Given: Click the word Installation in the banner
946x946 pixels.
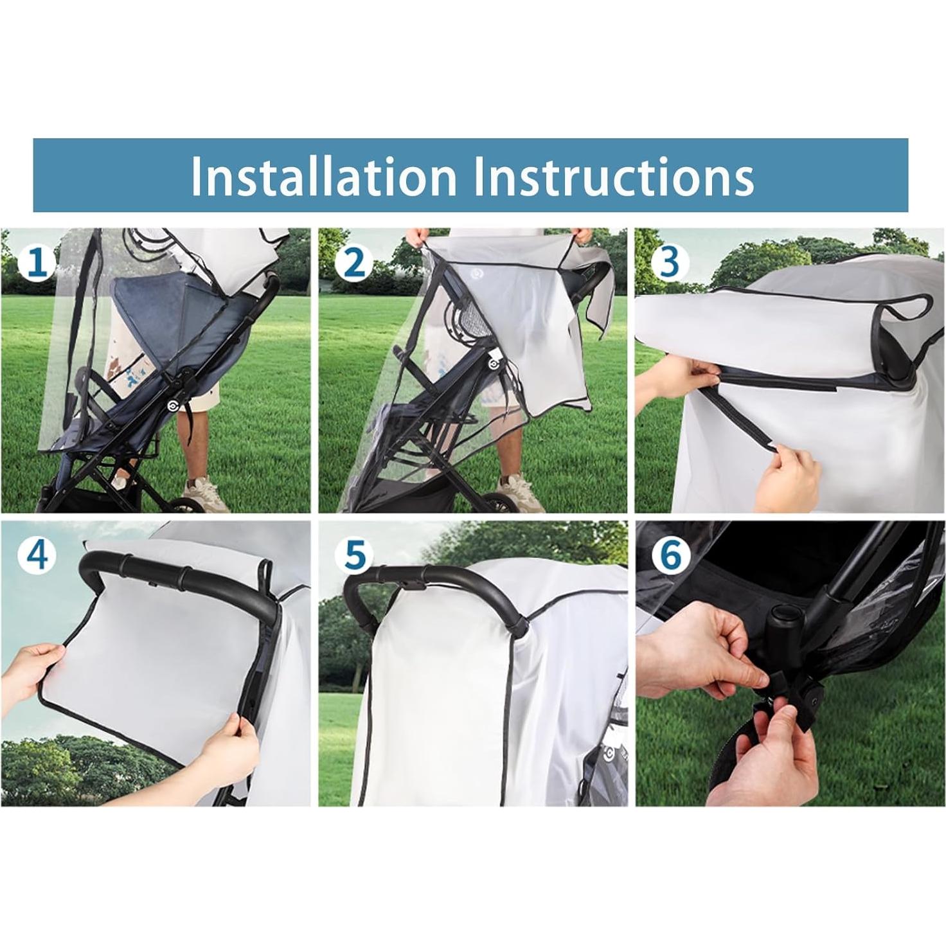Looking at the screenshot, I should click(323, 176).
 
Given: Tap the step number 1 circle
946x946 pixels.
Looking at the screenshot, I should click(37, 264).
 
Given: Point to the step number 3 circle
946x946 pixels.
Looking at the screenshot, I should click(670, 263).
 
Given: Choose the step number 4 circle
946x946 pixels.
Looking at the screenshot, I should click(37, 554).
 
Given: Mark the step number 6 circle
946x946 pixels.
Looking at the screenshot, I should click(670, 555).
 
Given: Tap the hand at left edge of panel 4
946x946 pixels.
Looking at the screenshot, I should click(32, 668).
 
